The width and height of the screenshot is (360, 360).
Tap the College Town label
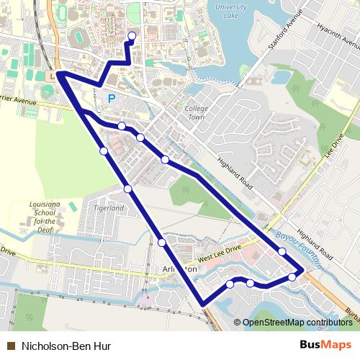196,113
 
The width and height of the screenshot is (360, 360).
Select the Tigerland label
109,208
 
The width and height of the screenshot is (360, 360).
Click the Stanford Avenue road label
282,32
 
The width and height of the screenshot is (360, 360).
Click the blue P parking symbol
112,99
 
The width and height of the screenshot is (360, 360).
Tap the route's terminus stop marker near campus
131,35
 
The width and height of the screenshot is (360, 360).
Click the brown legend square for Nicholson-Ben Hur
11,346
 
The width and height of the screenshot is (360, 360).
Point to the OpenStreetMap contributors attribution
297,323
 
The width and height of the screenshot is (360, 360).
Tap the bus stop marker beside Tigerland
127,189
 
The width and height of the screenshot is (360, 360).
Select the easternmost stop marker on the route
292,277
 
